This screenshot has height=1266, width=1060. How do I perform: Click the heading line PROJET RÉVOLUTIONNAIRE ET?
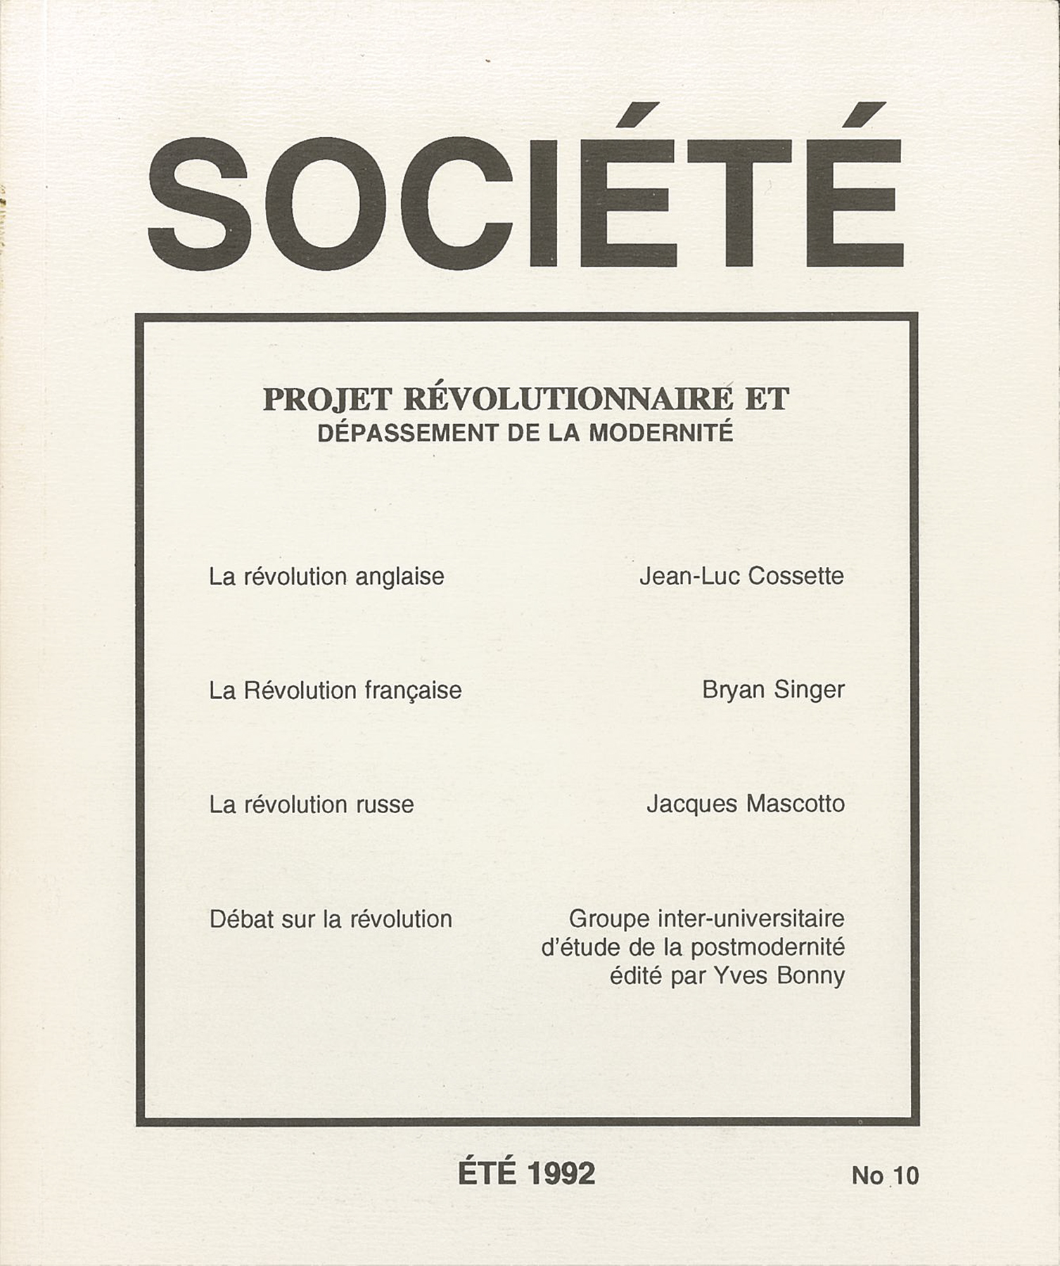click(525, 399)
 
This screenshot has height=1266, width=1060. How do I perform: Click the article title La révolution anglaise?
click(326, 577)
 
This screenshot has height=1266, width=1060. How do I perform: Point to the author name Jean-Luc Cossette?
click(741, 577)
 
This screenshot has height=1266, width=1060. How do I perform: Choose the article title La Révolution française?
click(335, 691)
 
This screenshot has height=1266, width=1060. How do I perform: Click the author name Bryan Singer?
click(773, 691)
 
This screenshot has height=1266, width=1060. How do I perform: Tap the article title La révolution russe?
click(311, 805)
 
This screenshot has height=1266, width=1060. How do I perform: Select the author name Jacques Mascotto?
click(746, 804)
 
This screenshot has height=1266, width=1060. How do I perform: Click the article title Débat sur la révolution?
click(331, 919)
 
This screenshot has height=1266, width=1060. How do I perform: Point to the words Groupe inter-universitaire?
click(706, 919)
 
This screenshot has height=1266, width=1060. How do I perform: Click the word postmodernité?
click(767, 948)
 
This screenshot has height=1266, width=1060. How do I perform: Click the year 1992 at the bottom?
click(561, 1173)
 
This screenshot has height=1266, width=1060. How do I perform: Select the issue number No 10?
click(885, 1176)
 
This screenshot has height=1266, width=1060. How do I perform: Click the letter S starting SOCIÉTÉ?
click(199, 204)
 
